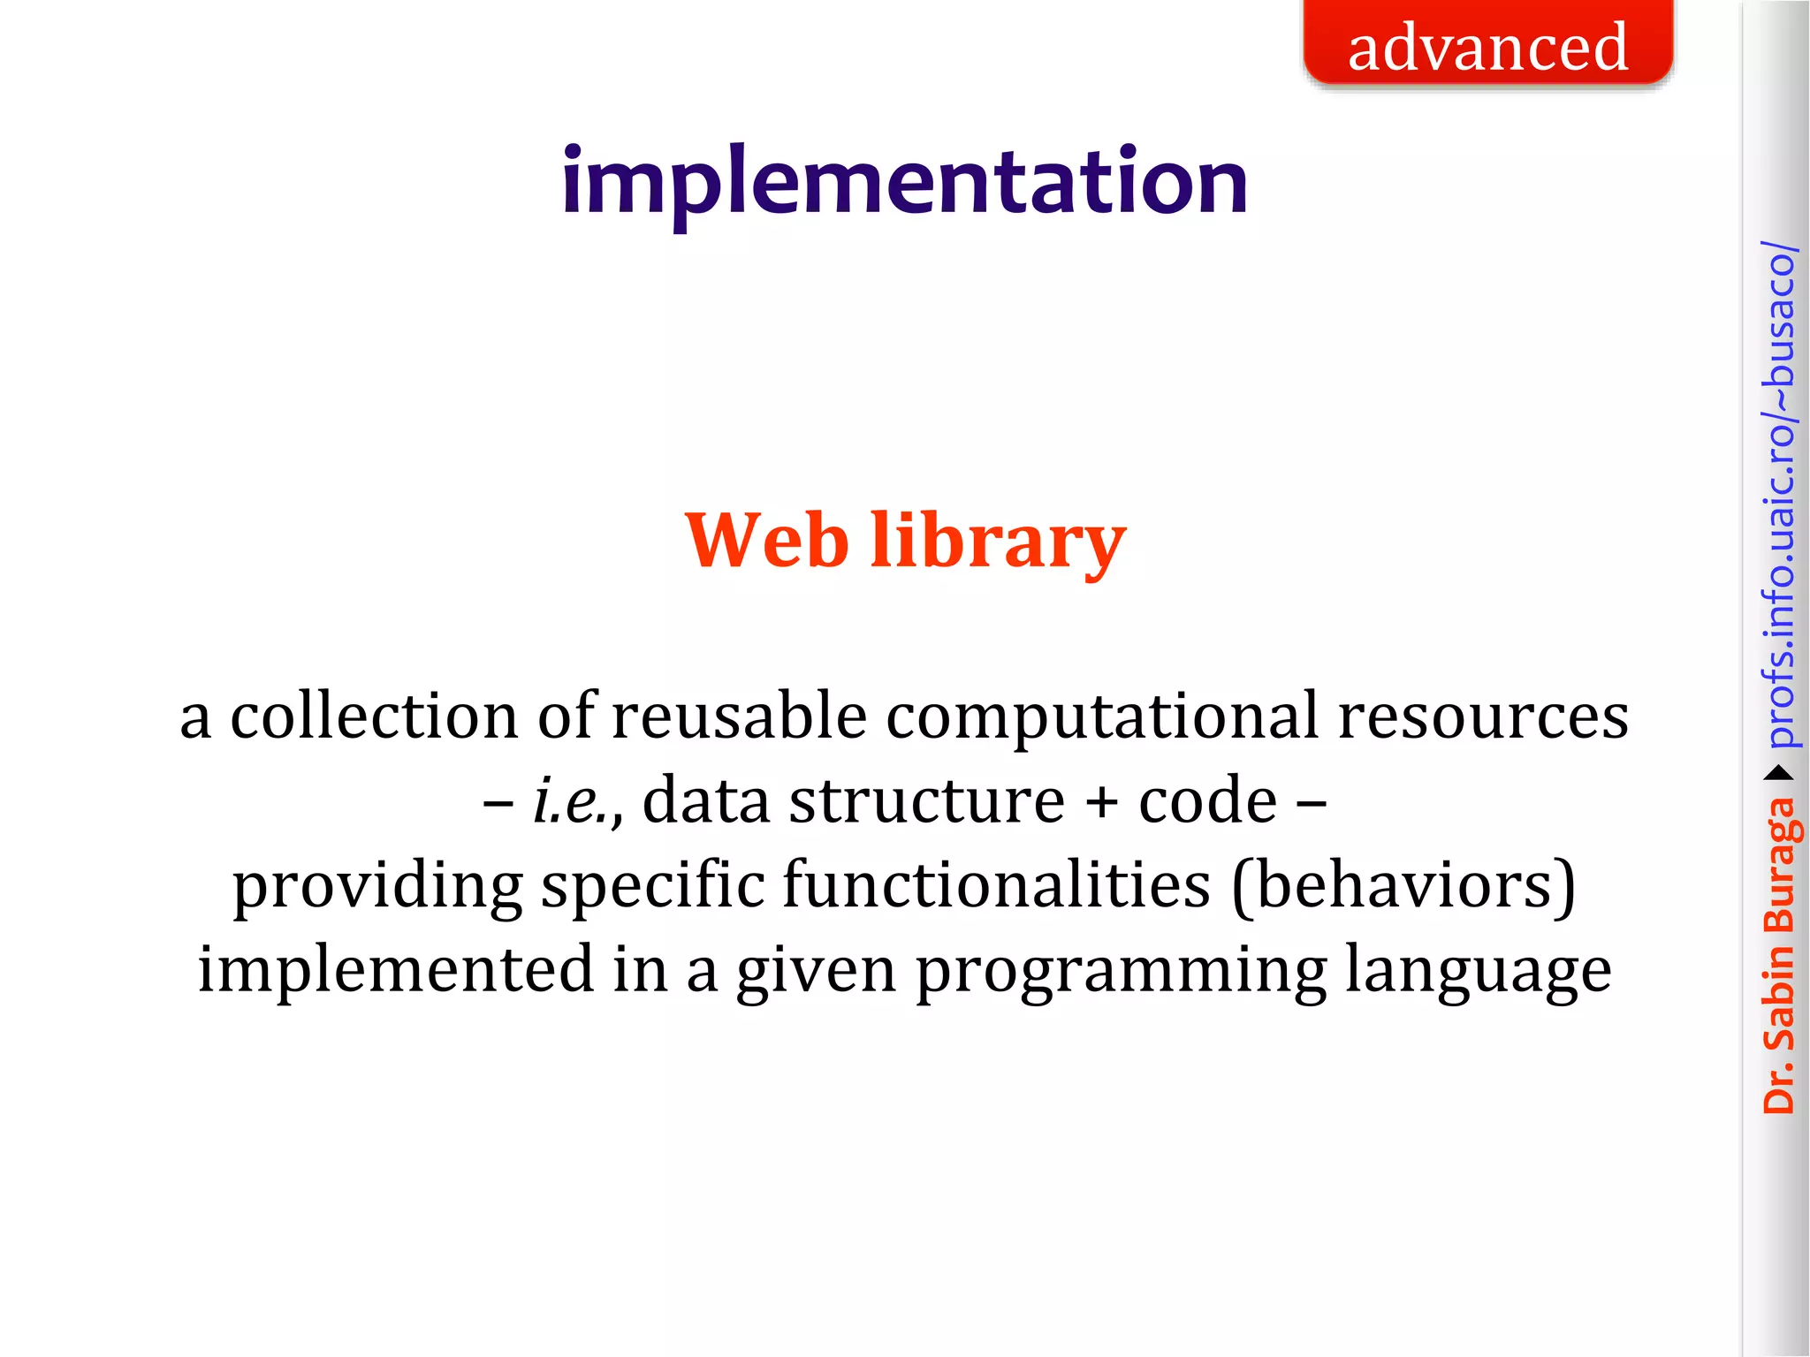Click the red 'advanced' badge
(x=1487, y=44)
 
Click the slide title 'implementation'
(x=904, y=181)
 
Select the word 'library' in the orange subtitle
(x=998, y=541)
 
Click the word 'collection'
(x=373, y=716)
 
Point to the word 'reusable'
(x=739, y=716)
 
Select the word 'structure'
(x=927, y=800)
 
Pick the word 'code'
(x=1207, y=800)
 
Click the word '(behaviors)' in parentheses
(x=1403, y=886)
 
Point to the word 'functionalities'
(x=996, y=884)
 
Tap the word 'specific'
(x=652, y=886)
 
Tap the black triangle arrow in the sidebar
(x=1778, y=774)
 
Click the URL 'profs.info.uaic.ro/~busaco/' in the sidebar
(x=1778, y=495)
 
